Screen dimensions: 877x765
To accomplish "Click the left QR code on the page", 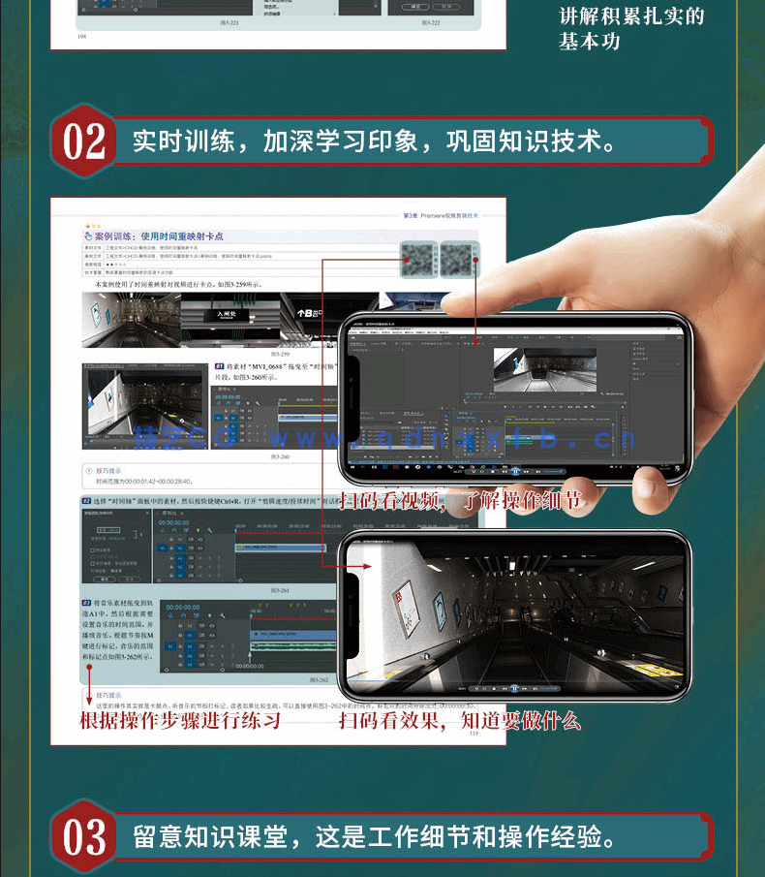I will pos(418,260).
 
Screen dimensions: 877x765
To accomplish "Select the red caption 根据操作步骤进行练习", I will pos(180,721).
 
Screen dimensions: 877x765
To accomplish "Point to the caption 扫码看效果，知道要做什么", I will pos(459,721).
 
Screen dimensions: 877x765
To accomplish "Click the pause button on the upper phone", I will pos(516,471).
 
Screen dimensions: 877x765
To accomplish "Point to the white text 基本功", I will pos(590,41).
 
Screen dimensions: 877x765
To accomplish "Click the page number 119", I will pos(474,734).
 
